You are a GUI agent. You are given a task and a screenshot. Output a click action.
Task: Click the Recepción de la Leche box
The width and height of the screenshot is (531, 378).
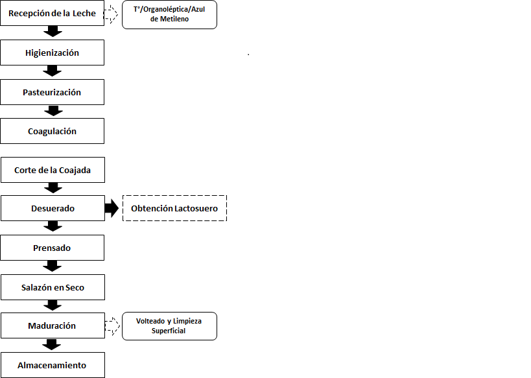coord(52,13)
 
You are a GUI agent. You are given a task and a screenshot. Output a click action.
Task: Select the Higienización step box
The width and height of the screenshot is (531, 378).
coord(52,53)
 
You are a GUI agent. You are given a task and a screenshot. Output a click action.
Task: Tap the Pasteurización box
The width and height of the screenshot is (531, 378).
coord(52,92)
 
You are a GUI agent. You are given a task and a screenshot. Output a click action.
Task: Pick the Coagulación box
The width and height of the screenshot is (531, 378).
coord(52,131)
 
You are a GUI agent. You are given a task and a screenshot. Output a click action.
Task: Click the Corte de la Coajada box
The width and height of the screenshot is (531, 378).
coord(53,170)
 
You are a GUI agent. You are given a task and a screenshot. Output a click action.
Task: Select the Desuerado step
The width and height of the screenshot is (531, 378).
coord(53,208)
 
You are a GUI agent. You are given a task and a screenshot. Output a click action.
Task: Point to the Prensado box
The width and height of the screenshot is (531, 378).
coord(52,248)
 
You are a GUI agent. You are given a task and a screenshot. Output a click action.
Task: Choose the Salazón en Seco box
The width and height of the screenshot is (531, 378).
coord(53,287)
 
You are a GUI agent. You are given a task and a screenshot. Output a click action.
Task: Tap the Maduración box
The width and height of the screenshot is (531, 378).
coord(53,325)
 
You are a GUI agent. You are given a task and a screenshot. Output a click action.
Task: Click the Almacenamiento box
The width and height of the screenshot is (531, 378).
coord(53,365)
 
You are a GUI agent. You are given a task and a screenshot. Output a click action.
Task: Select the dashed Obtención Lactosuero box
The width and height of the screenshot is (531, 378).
coord(175,208)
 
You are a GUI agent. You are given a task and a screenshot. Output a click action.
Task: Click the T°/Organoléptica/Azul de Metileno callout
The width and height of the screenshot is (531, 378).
coord(169,14)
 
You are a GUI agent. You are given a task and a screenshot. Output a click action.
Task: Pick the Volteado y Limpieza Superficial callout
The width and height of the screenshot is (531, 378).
coord(169,326)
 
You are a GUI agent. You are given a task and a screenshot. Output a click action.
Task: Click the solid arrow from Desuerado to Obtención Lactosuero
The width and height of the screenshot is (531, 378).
coord(112,208)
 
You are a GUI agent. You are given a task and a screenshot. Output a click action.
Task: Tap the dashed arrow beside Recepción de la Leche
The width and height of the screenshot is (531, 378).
coord(111,14)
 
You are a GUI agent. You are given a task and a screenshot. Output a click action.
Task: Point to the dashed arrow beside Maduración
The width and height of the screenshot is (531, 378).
coord(112,326)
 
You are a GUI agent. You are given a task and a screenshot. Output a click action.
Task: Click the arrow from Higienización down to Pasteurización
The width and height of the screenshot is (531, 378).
coord(52,71)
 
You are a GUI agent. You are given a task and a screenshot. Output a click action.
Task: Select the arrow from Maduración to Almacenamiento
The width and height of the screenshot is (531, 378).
coord(51,344)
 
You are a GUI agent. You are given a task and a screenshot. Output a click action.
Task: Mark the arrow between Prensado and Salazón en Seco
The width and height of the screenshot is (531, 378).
coord(52,266)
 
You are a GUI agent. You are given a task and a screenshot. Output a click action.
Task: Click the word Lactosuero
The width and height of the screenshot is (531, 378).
coord(196,208)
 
